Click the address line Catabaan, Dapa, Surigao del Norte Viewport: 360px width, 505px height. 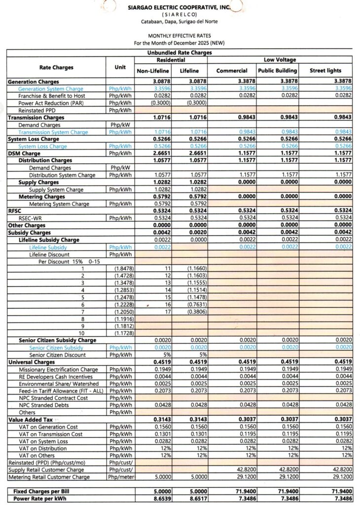click(x=180, y=21)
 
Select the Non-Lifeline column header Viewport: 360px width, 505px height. click(x=153, y=71)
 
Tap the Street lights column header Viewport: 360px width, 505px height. click(x=325, y=71)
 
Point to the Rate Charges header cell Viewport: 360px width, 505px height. click(x=56, y=67)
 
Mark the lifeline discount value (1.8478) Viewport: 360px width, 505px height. click(x=122, y=268)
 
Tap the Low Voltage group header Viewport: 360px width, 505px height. click(x=280, y=60)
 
